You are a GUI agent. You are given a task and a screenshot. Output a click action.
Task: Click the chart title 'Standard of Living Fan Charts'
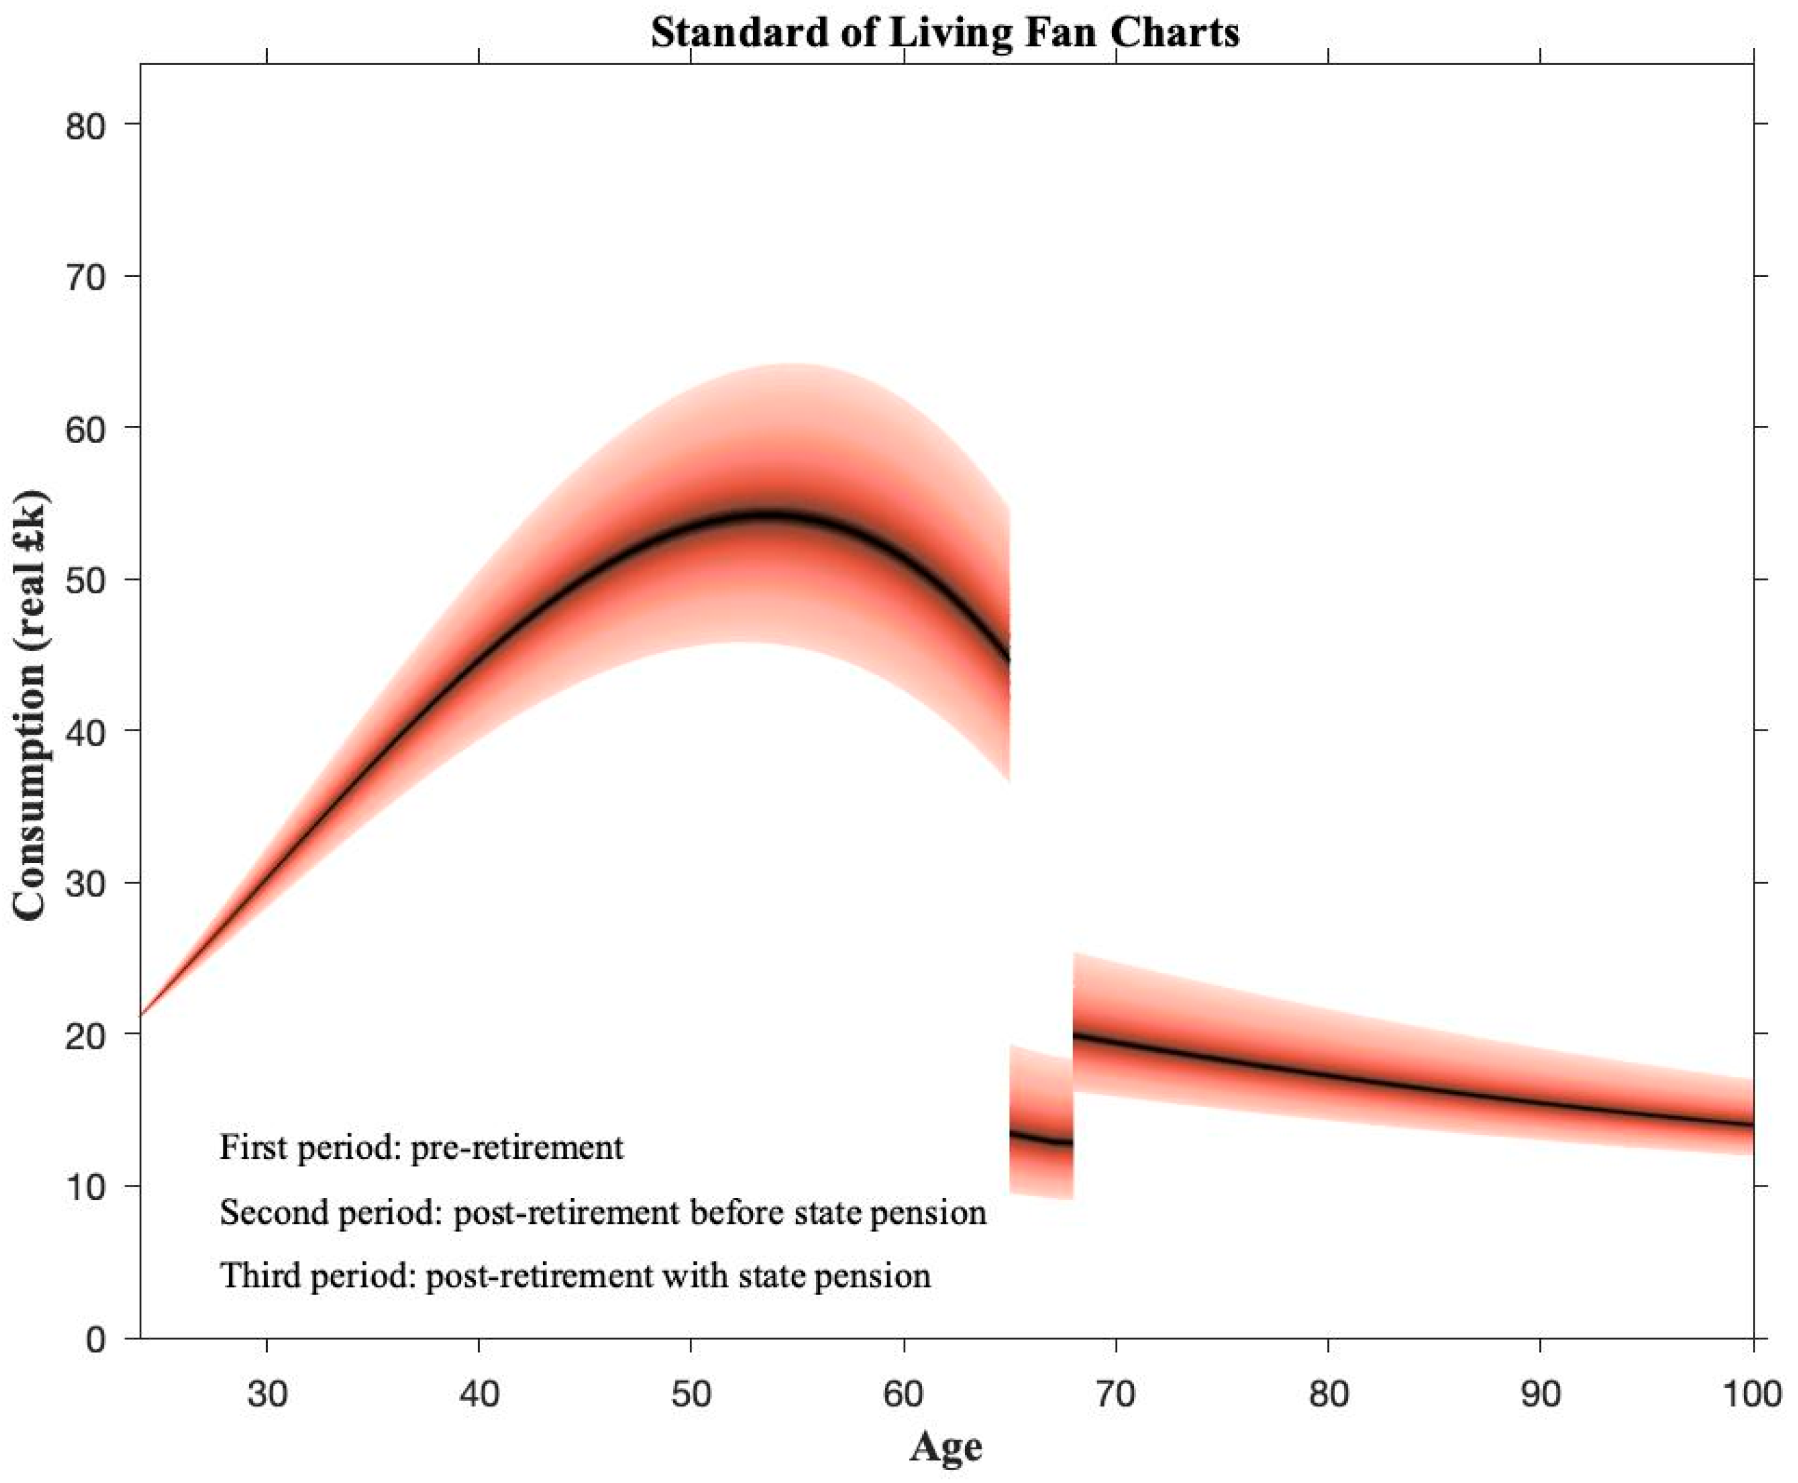945,33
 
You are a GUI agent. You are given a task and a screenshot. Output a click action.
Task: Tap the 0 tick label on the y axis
96,1338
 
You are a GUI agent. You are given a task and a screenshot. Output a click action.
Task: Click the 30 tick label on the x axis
267,1395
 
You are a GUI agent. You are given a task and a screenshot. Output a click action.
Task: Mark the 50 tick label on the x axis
692,1395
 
